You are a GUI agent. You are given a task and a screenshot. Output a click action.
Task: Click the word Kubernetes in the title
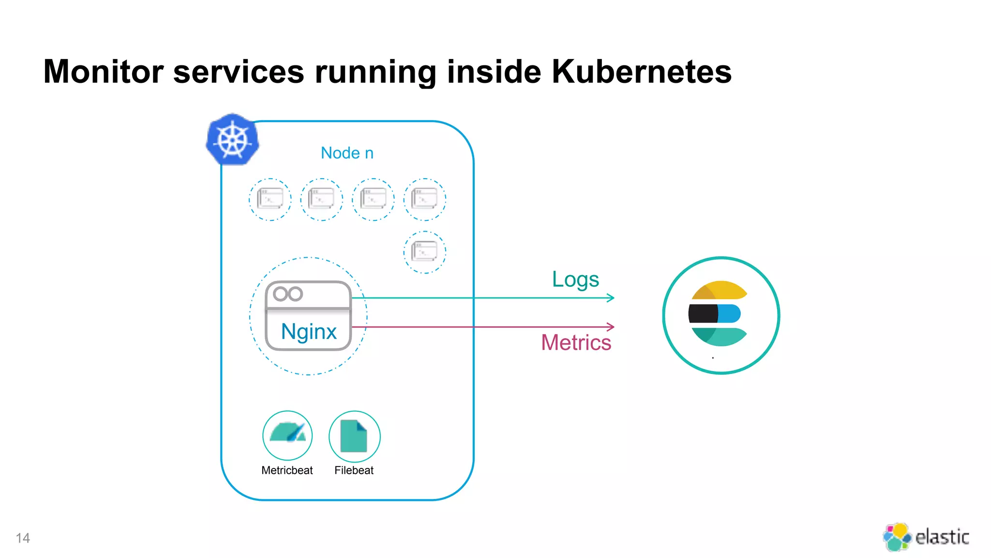tap(641, 72)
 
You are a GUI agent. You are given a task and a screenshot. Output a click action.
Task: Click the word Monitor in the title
tap(104, 72)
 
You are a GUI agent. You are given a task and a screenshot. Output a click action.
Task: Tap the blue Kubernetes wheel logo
tap(233, 139)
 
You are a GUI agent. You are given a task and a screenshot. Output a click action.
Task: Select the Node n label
tap(347, 153)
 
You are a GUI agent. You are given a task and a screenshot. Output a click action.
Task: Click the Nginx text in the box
tap(309, 332)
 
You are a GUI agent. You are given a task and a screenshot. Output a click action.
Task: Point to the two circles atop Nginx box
tap(288, 294)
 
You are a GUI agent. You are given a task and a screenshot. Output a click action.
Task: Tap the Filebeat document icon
tap(354, 436)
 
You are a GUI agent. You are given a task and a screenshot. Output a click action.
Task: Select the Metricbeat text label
tap(287, 470)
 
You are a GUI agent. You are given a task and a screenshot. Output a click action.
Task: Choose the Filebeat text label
tap(354, 470)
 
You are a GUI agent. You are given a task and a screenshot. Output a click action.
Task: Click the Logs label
tap(575, 279)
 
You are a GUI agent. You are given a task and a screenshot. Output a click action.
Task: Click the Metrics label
tap(576, 343)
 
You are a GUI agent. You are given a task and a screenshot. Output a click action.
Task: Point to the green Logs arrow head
tap(611, 298)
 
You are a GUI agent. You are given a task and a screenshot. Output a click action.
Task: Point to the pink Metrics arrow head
tap(611, 327)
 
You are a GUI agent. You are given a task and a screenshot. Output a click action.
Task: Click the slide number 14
tap(23, 538)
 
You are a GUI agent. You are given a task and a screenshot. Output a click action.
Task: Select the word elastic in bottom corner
tap(942, 537)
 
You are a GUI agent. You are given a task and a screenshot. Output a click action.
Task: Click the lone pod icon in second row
tap(425, 252)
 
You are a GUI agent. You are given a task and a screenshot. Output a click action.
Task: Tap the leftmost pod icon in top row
tap(270, 199)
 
